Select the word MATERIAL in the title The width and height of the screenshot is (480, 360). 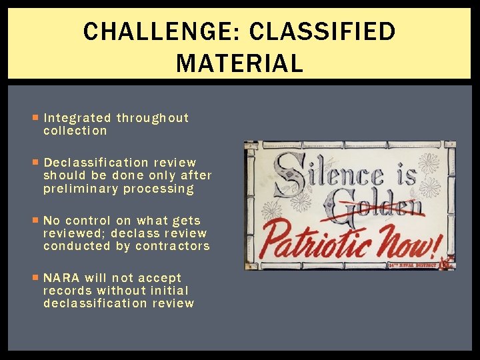(239, 64)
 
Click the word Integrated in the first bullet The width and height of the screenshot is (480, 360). (77, 118)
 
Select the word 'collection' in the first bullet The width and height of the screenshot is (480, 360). (75, 131)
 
